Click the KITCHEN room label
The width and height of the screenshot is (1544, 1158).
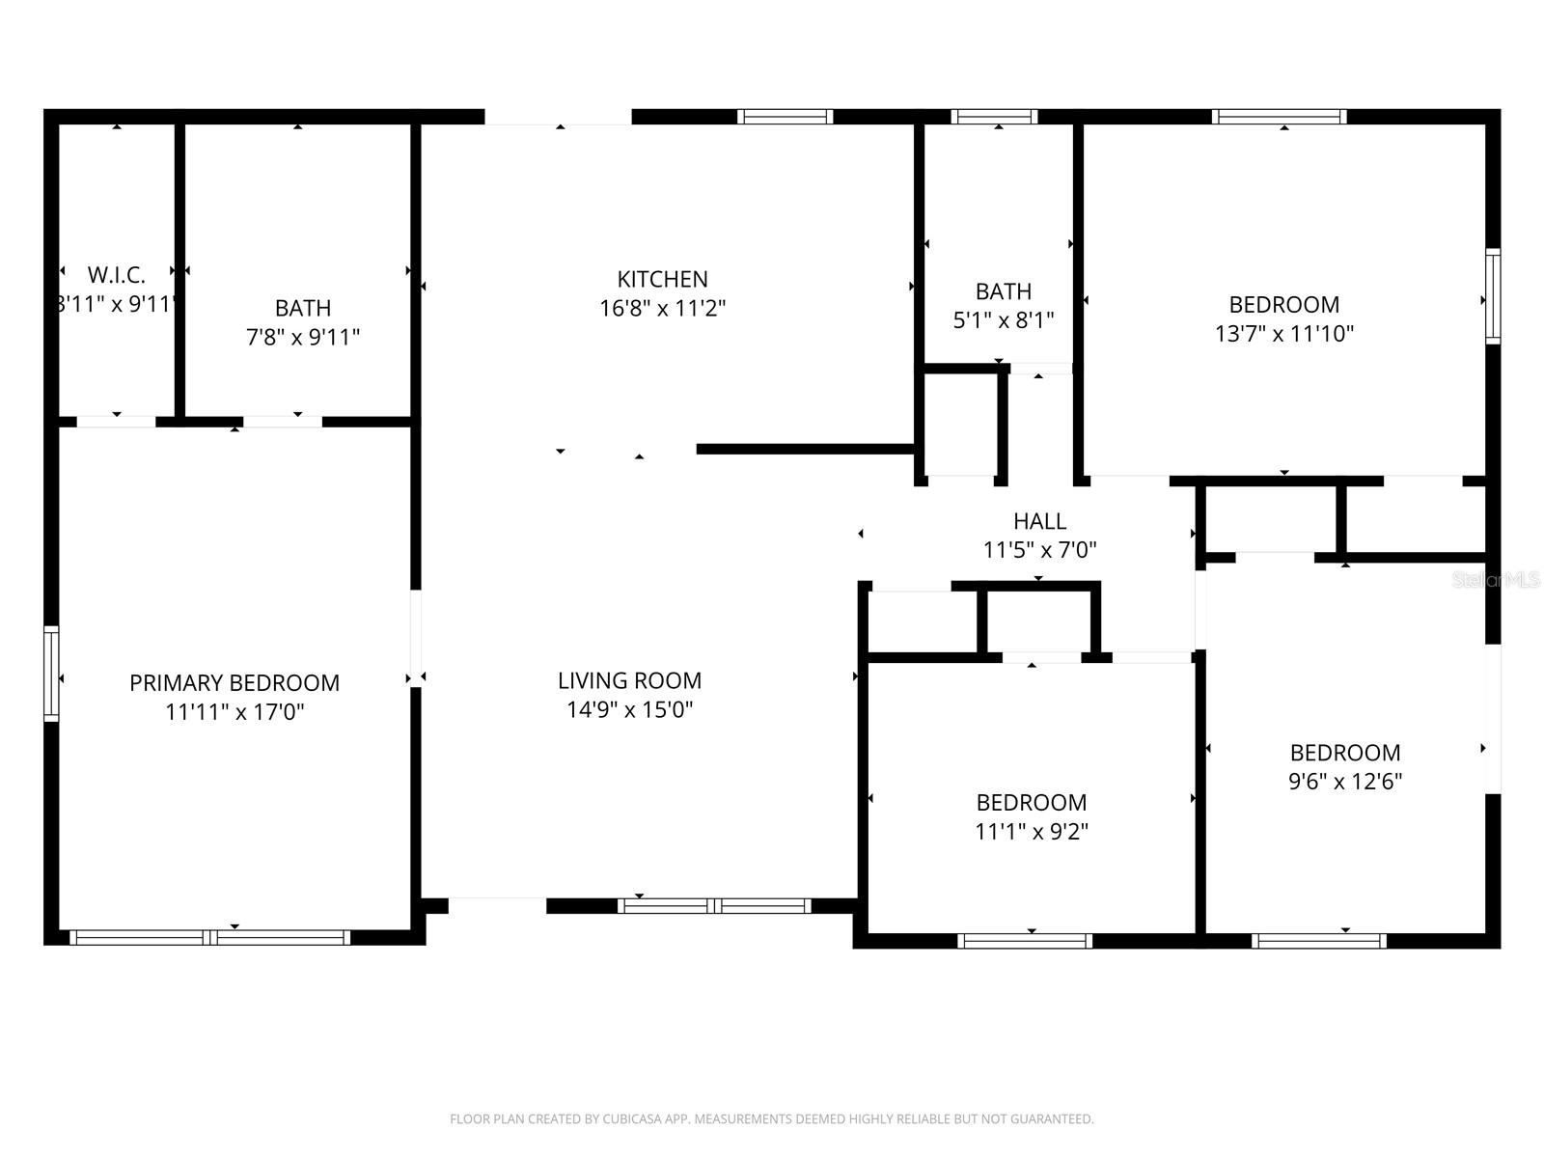(x=662, y=280)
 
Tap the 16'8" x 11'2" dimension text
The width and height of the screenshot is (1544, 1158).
(x=662, y=309)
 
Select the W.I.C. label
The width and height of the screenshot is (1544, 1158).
(x=116, y=275)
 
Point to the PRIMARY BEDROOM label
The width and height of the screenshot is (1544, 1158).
(x=234, y=683)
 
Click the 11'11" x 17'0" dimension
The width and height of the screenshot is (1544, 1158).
(x=234, y=712)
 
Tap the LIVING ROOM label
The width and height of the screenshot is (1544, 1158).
(x=629, y=681)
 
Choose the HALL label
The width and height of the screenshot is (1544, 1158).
(x=1039, y=522)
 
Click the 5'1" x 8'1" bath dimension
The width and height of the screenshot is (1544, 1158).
(x=1004, y=320)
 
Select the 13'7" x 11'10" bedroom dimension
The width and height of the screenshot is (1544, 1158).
(x=1283, y=334)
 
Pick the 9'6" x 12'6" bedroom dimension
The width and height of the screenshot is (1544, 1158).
(x=1345, y=782)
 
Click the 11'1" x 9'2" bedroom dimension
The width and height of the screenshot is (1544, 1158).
(x=1032, y=832)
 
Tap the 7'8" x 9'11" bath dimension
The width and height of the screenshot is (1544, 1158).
(x=303, y=338)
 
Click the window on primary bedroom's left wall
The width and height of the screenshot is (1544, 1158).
(x=51, y=673)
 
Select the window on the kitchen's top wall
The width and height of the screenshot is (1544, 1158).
(x=786, y=117)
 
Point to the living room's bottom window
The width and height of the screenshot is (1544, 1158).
(x=714, y=905)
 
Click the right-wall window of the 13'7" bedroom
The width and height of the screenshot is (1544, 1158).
(x=1493, y=295)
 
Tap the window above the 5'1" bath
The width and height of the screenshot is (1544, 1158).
(x=994, y=117)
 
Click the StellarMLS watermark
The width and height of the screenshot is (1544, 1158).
(x=1496, y=580)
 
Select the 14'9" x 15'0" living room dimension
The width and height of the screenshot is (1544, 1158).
(x=629, y=710)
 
